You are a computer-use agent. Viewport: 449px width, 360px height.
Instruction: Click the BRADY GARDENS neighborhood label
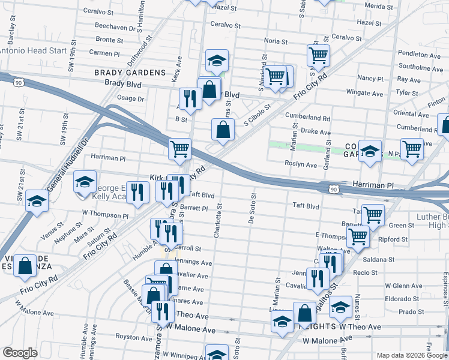(129, 73)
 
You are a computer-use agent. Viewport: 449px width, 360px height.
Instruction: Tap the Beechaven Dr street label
(116, 28)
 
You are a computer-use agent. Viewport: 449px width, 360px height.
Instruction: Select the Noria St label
(277, 41)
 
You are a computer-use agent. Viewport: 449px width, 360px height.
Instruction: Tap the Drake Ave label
(316, 132)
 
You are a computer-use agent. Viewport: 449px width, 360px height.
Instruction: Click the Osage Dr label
(131, 98)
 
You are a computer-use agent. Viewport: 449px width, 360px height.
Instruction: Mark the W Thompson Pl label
(105, 213)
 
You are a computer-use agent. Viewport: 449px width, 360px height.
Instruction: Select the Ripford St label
(393, 239)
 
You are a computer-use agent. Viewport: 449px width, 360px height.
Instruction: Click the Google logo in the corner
(20, 353)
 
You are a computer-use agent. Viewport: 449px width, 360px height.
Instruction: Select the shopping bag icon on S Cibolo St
(223, 129)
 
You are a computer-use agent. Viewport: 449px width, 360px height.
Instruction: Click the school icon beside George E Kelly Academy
(85, 181)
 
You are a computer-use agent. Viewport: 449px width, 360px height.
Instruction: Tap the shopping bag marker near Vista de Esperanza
(26, 266)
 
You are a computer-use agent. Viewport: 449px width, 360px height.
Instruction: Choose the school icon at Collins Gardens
(370, 151)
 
